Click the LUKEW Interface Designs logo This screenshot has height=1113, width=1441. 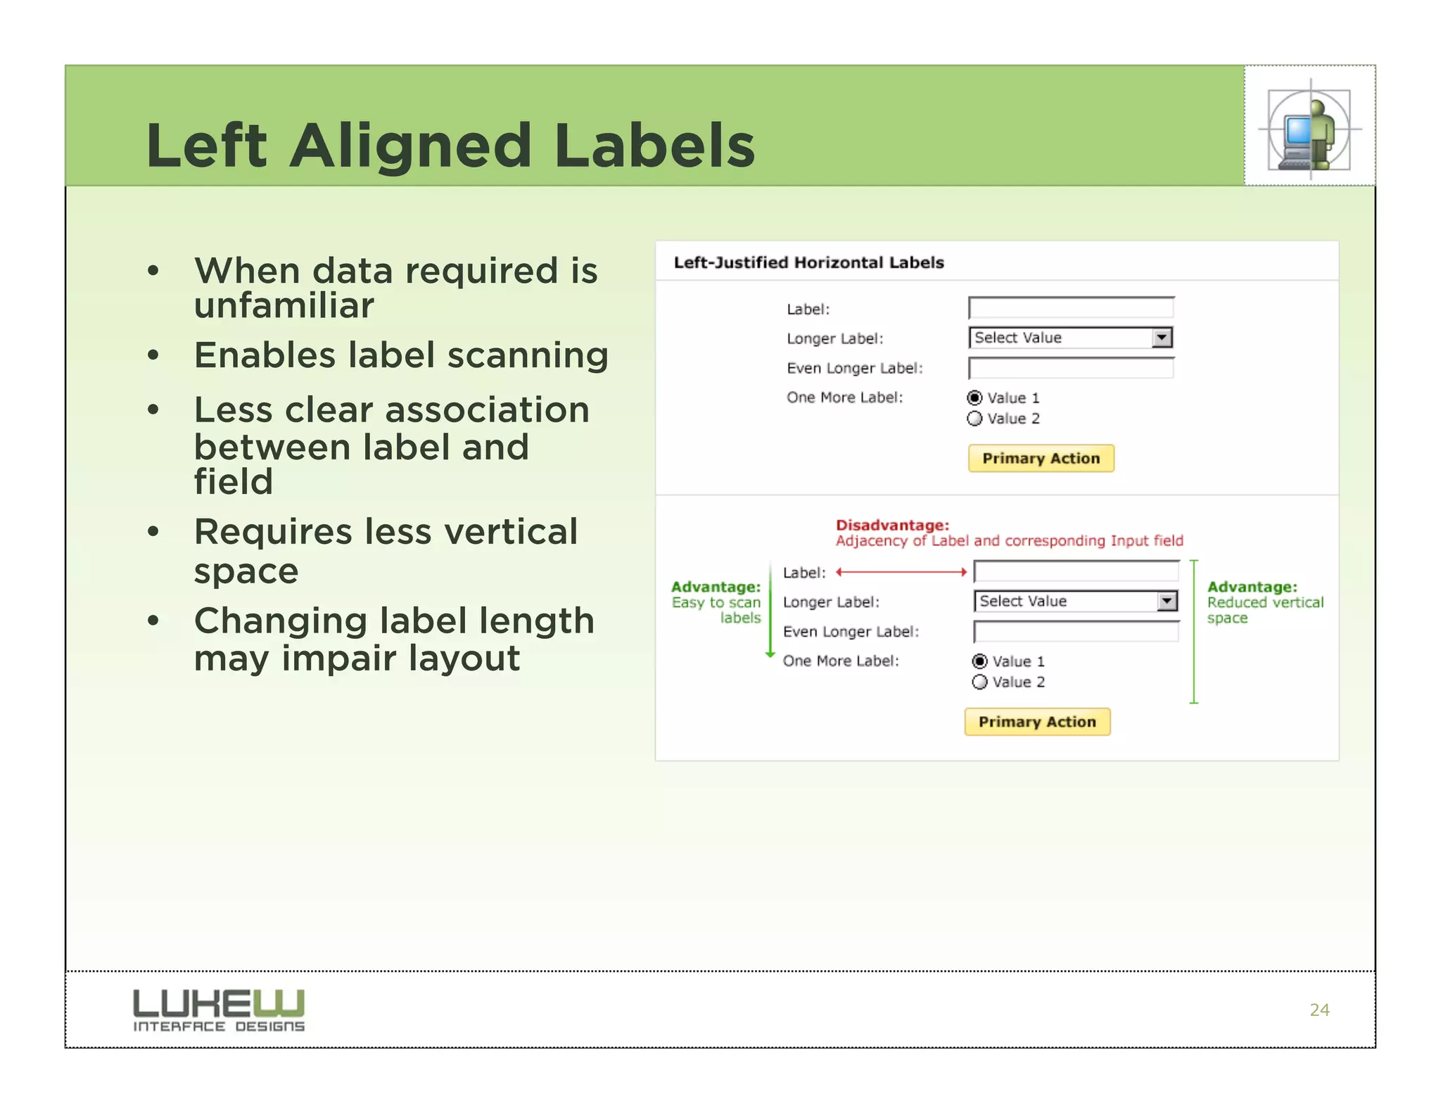pyautogui.click(x=219, y=1010)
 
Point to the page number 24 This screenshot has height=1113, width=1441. pyautogui.click(x=1319, y=1010)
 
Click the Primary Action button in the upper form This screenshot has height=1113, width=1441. pyautogui.click(x=1041, y=459)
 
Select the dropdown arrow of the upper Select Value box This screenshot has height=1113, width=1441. pyautogui.click(x=1162, y=338)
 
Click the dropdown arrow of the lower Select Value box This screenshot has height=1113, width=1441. pyautogui.click(x=1167, y=602)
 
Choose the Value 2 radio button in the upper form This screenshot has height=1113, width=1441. pyautogui.click(x=975, y=419)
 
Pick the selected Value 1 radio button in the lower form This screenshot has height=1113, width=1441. pyautogui.click(x=979, y=661)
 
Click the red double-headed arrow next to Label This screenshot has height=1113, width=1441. pyautogui.click(x=901, y=572)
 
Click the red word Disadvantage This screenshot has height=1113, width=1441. pyautogui.click(x=892, y=525)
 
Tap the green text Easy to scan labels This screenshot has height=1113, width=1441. pyautogui.click(x=716, y=610)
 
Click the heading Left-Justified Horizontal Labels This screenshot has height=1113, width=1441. pyautogui.click(x=808, y=262)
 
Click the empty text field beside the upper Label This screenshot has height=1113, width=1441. pyautogui.click(x=1070, y=308)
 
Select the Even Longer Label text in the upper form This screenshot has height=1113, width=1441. pyautogui.click(x=854, y=368)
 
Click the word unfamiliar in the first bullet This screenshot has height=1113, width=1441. pyautogui.click(x=284, y=305)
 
